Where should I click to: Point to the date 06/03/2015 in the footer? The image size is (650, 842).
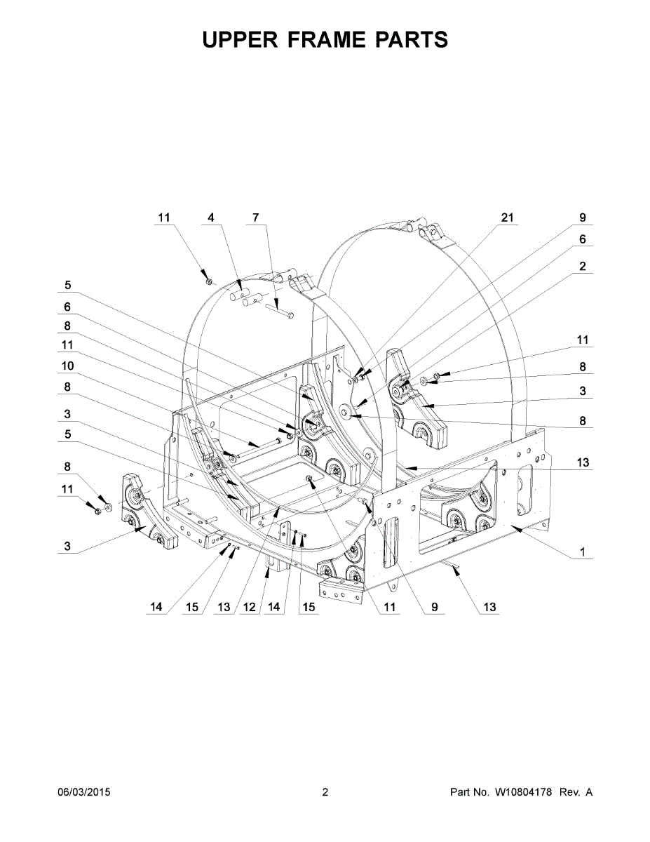pyautogui.click(x=83, y=793)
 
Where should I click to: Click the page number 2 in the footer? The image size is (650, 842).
pyautogui.click(x=325, y=793)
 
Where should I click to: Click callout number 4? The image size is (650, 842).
pyautogui.click(x=210, y=218)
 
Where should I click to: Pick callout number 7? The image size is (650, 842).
pyautogui.click(x=255, y=218)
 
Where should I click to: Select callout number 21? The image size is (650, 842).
pyautogui.click(x=507, y=218)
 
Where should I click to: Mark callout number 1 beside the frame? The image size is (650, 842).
pyautogui.click(x=583, y=552)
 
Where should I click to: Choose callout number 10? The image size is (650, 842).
pyautogui.click(x=67, y=366)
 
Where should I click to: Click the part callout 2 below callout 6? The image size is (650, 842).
pyautogui.click(x=583, y=267)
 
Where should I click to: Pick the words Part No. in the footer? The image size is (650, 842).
pyautogui.click(x=469, y=793)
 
